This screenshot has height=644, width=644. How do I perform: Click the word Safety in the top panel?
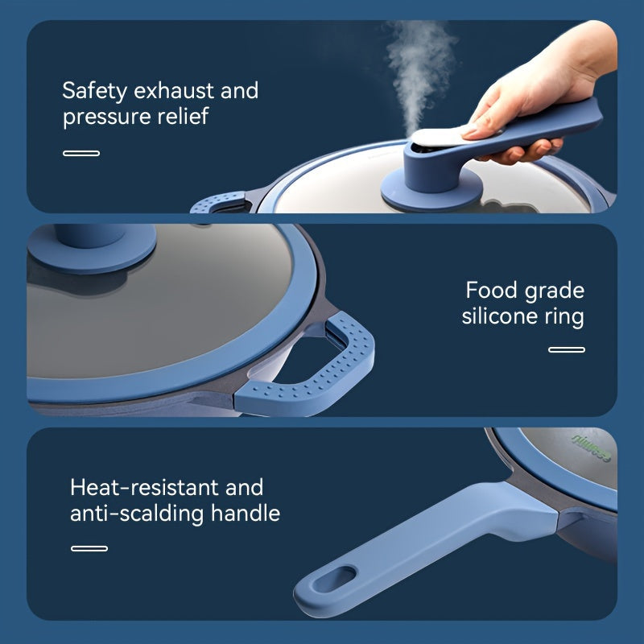click(x=93, y=90)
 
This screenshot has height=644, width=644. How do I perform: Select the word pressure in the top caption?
click(x=105, y=118)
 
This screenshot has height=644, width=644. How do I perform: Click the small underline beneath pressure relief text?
click(x=81, y=153)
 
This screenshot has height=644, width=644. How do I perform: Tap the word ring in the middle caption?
click(x=564, y=317)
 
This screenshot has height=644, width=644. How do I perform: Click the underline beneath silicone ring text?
click(x=567, y=349)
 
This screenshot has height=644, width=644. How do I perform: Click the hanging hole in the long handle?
click(x=336, y=579)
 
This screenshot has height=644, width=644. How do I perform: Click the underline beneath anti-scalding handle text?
click(x=89, y=548)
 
